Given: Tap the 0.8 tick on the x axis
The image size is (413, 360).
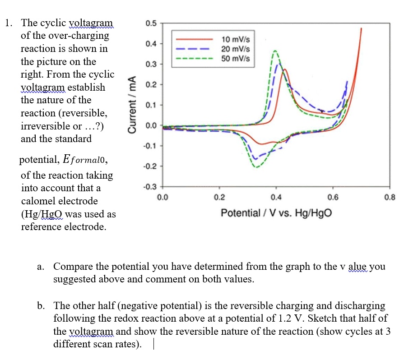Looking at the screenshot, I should (x=389, y=197).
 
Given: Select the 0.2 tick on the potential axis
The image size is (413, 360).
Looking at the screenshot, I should (x=219, y=197).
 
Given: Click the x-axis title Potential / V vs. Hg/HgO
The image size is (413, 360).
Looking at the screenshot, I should (x=276, y=212).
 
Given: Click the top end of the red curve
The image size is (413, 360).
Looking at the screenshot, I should (x=361, y=28).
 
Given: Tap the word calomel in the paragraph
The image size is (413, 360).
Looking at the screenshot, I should (x=38, y=201).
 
